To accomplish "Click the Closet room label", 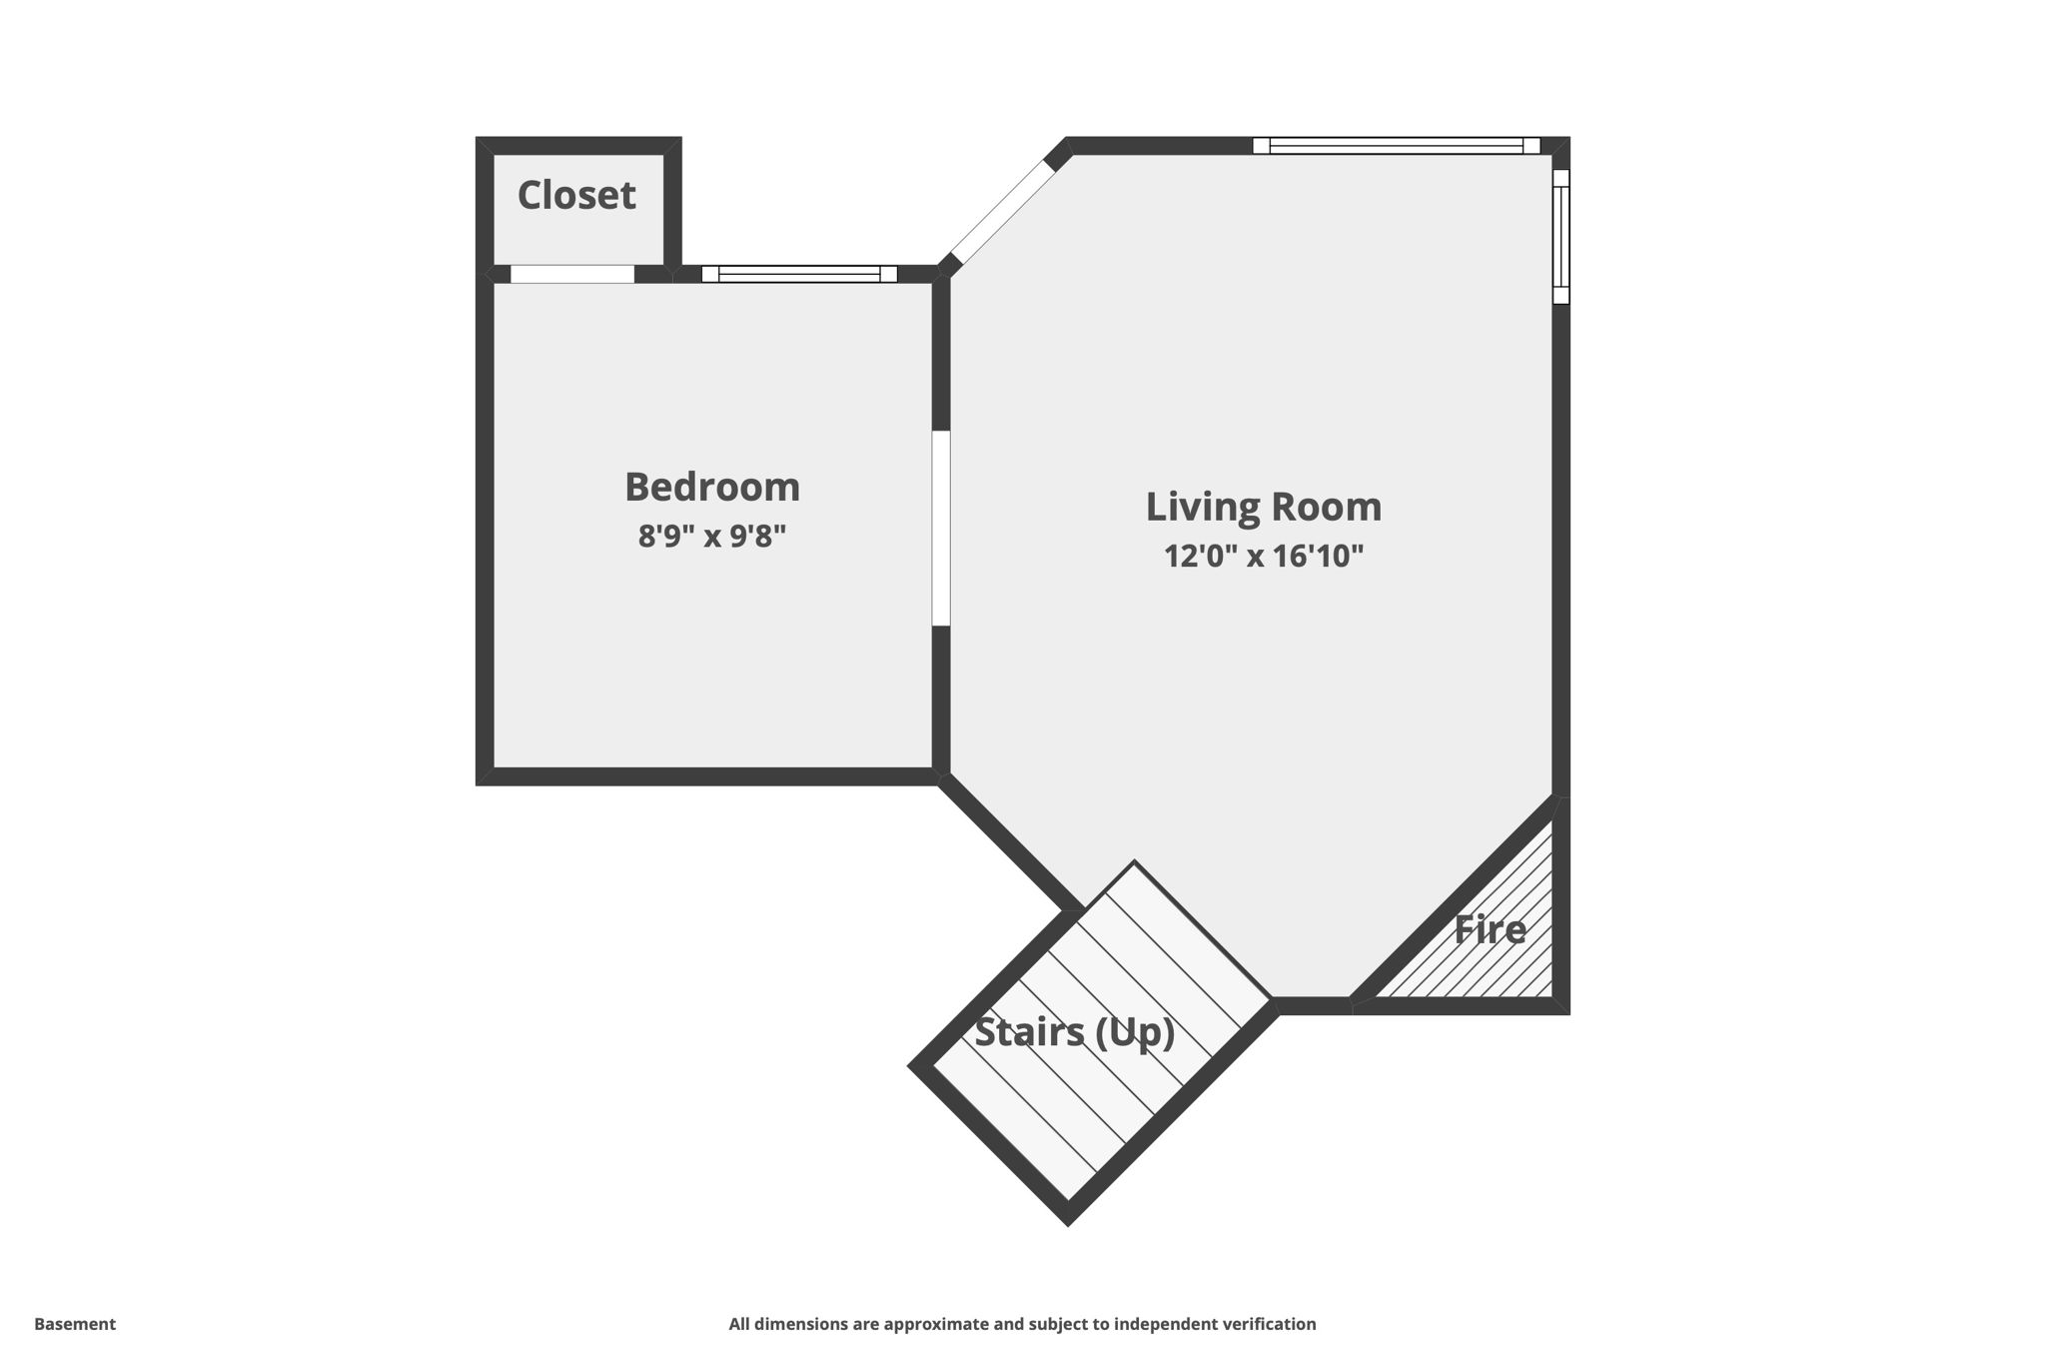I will (x=576, y=196).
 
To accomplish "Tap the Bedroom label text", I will (x=712, y=488).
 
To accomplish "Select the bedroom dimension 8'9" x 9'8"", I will (x=712, y=537).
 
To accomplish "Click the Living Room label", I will (x=1263, y=507).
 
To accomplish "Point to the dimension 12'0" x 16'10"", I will (x=1263, y=557).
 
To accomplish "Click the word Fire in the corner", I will (x=1490, y=930).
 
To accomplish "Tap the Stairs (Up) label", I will (x=1074, y=1032).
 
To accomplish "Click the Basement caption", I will (x=75, y=1324).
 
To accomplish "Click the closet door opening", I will (x=572, y=274).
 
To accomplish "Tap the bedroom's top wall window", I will (x=799, y=274).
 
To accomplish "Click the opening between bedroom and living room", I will (x=940, y=528).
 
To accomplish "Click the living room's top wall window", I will (x=1396, y=146).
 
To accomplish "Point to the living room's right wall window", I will (x=1560, y=236).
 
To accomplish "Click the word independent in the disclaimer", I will (x=1161, y=1324).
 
